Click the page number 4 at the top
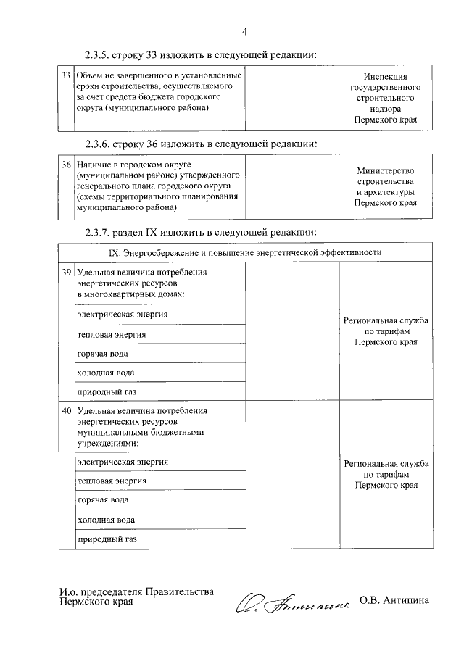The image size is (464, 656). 245,31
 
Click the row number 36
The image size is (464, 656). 65,165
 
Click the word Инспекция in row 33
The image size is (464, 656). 385,76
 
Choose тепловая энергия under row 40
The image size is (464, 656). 112,481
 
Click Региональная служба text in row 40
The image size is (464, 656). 385,463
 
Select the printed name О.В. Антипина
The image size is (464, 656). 394,600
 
